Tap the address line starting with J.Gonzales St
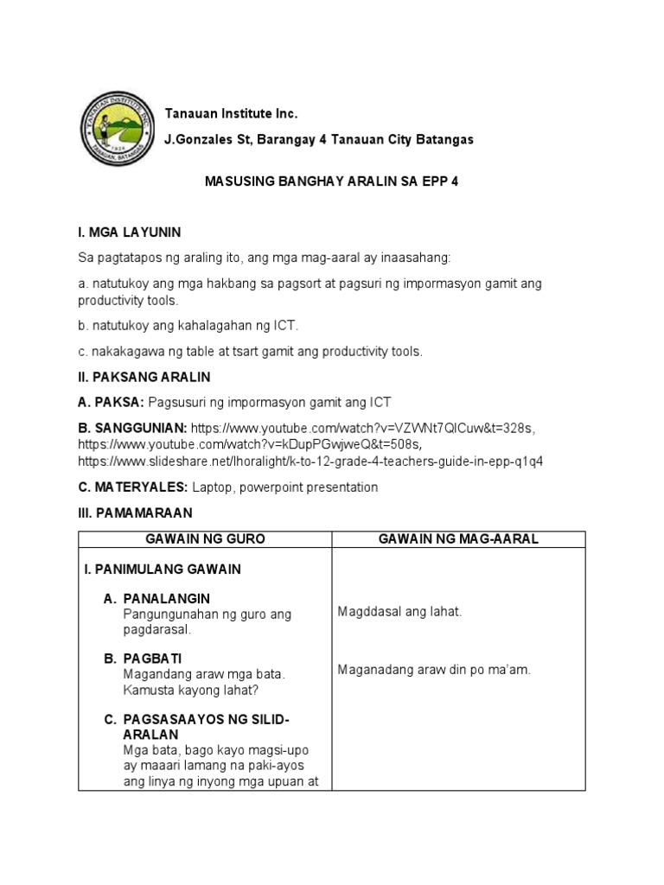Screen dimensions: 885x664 [318, 139]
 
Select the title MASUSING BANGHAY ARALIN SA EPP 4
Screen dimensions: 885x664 [331, 183]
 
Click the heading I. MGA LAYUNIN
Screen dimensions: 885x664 [129, 232]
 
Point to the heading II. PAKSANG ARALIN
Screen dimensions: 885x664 [144, 378]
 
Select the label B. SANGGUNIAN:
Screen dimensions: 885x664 [132, 427]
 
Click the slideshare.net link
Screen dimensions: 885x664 [310, 461]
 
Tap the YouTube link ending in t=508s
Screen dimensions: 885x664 [249, 444]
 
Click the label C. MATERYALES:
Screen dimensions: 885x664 [132, 487]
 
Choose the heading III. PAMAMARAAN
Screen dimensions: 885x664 [136, 513]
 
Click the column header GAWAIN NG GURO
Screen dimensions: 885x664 [206, 539]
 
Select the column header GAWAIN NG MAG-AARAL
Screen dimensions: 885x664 [458, 539]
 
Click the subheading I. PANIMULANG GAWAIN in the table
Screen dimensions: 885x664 [163, 570]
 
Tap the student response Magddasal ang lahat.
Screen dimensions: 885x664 [399, 612]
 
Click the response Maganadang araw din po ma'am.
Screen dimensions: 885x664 [434, 670]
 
